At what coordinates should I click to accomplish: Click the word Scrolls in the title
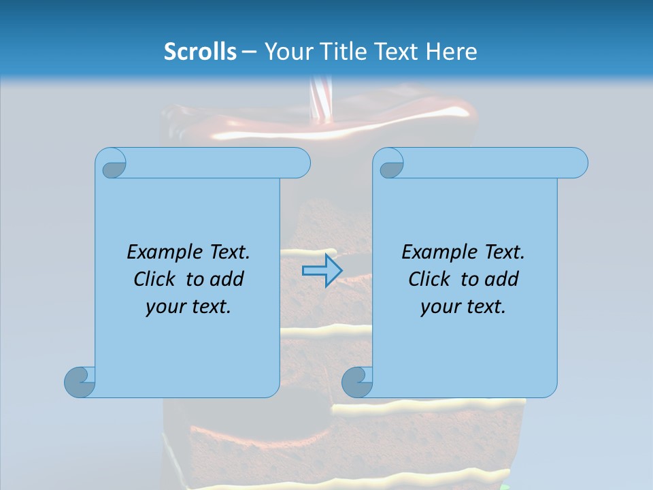coord(200,52)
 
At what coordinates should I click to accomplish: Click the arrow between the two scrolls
coord(322,270)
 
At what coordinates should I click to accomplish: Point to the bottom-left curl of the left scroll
coord(80,381)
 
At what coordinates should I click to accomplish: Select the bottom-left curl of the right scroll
coord(357,381)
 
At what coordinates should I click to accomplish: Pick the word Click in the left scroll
coord(154,279)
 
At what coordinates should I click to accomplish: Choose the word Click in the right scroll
coord(429,279)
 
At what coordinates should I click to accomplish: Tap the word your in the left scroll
coord(165,307)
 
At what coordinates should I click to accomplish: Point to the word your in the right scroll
coord(439,307)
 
